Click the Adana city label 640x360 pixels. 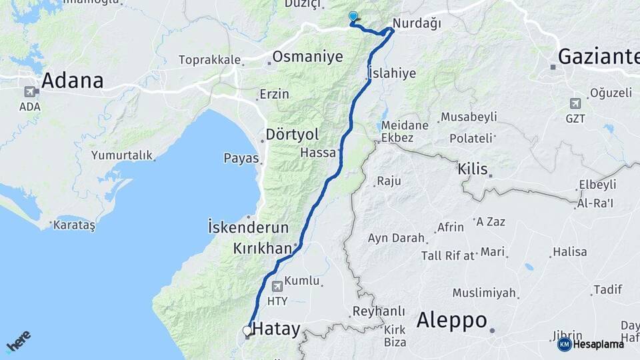coord(72,81)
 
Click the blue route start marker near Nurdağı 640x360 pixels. coord(353,17)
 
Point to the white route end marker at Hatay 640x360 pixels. coord(247,331)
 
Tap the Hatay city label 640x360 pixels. coord(275,329)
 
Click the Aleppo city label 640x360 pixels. coord(452,320)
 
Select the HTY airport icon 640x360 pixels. coord(277,286)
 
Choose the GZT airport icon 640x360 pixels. coord(575,103)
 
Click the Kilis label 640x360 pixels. coord(473,169)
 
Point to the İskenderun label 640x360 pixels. coord(248,227)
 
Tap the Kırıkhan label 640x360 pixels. coord(262,248)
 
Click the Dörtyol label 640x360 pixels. coord(289,134)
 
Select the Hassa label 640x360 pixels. coord(318,153)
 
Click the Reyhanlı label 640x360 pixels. coord(379,311)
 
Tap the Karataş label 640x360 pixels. coord(74,225)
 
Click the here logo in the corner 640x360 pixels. coord(18,341)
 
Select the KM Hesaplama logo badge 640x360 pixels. coord(591,344)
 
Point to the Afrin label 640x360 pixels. coord(450,227)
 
